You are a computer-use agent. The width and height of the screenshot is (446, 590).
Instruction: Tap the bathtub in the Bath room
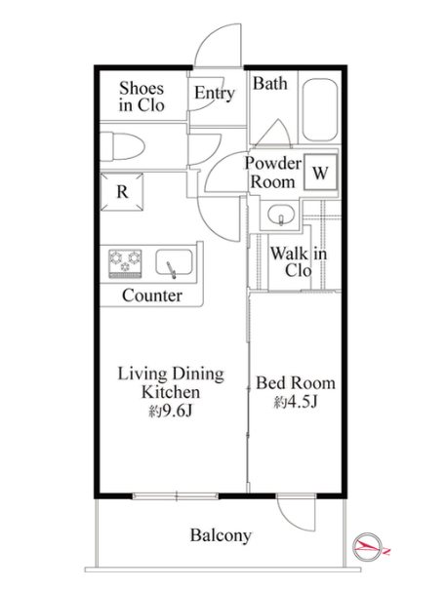(x=320, y=109)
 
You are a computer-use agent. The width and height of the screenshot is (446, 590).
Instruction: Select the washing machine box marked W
(x=320, y=173)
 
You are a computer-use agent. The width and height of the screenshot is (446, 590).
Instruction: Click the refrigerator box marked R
(x=122, y=192)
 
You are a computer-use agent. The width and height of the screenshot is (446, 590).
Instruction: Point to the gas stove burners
(x=125, y=263)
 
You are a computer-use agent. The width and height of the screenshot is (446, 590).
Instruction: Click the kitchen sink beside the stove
(x=174, y=262)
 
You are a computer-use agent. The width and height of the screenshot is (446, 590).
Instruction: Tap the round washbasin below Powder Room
(x=281, y=216)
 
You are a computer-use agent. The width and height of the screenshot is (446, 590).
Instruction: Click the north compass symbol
(x=368, y=546)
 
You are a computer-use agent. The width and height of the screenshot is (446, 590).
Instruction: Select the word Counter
(x=152, y=295)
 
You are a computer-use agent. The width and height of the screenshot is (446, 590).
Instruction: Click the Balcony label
(x=221, y=535)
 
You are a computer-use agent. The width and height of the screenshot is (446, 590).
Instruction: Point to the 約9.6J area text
(x=171, y=412)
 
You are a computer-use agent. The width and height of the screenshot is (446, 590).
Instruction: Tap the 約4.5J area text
(x=296, y=403)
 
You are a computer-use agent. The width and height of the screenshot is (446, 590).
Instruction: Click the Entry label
(x=215, y=93)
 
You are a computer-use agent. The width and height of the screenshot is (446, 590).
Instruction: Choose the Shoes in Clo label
(x=142, y=97)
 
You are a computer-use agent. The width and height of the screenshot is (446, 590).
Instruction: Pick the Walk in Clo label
(x=299, y=261)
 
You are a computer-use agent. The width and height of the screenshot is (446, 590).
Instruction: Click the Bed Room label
(x=296, y=383)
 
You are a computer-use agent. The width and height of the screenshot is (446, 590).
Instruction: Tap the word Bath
(x=269, y=83)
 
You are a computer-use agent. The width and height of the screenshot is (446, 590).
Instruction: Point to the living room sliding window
(x=176, y=496)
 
